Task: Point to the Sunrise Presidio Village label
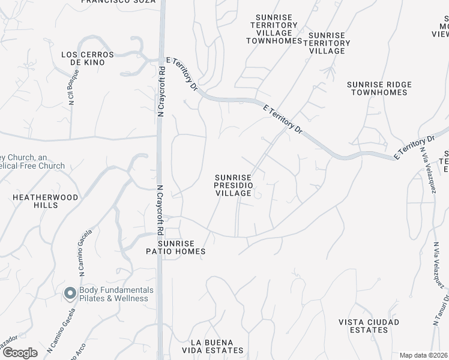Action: pos(233,185)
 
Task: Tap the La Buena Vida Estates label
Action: pos(216,346)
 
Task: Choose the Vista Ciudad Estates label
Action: pos(369,326)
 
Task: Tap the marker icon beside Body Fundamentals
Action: pos(70,293)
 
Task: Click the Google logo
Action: pos(20,353)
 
